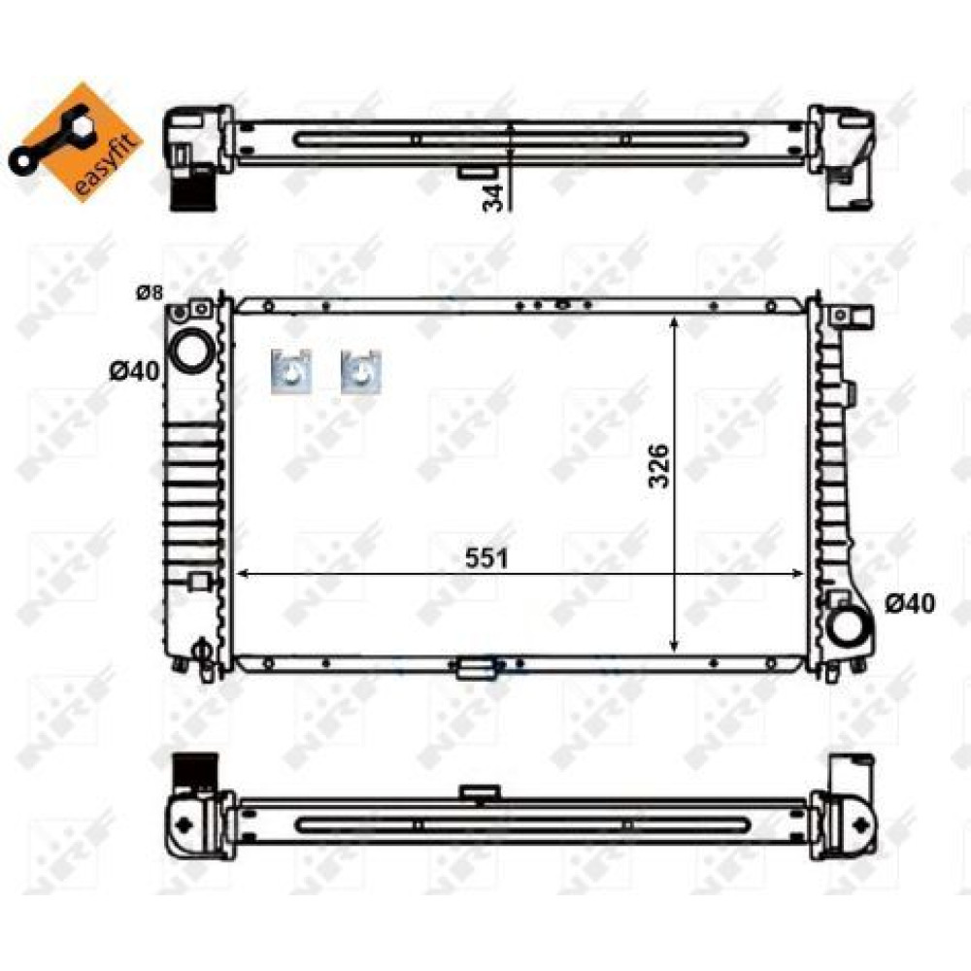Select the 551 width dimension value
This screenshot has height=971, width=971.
(x=486, y=558)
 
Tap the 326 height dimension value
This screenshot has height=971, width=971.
(x=658, y=466)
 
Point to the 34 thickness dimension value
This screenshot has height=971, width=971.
(x=493, y=198)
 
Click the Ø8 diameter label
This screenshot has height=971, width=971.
(x=150, y=291)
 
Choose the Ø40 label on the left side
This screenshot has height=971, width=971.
(x=134, y=372)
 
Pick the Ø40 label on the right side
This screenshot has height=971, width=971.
(x=910, y=603)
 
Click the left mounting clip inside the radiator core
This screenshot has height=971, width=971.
(x=290, y=371)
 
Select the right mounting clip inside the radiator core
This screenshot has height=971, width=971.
(x=361, y=371)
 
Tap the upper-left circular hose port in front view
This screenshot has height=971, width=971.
(x=190, y=350)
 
